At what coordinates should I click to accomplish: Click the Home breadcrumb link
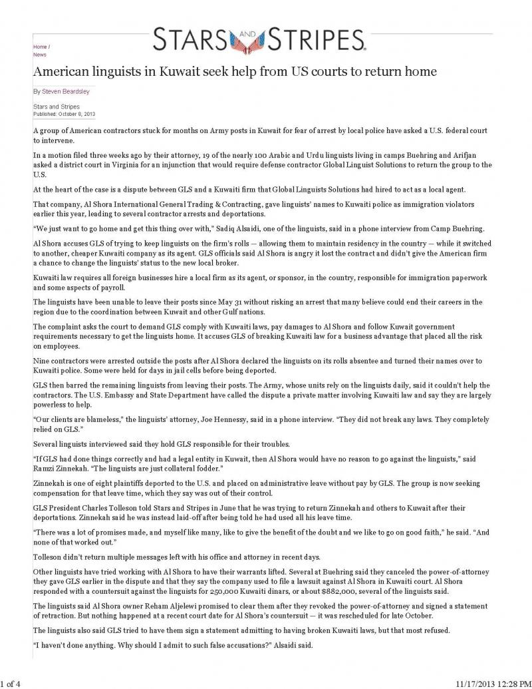[x=39, y=47]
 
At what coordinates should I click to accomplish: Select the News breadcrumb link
[x=39, y=55]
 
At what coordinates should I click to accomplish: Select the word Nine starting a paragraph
[x=41, y=361]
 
